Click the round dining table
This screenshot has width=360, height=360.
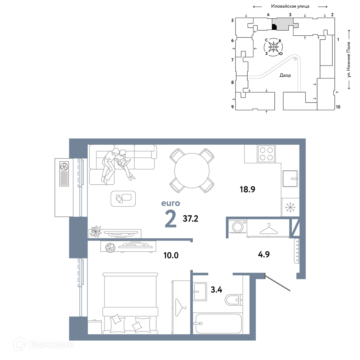pos(192,171)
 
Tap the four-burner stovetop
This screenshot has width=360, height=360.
pos(266,154)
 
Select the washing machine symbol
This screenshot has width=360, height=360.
pos(238,227)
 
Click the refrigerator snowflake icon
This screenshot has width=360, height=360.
pos(291,207)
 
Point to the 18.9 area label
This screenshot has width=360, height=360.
pos(248,189)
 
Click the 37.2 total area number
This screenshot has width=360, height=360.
pos(190,219)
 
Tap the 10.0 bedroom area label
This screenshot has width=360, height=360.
pos(171,255)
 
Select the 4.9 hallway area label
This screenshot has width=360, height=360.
pos(264,255)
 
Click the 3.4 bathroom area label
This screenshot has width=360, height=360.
pos(216,290)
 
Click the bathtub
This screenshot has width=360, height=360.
pos(217,324)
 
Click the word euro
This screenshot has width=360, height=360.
pos(171,203)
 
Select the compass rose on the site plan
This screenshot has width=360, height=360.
pos(274,47)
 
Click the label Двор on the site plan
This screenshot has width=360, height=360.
pos(285,75)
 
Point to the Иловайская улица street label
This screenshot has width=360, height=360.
pos(290,6)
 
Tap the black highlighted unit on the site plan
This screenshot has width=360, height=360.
pos(274,27)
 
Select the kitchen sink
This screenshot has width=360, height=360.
pos(290,179)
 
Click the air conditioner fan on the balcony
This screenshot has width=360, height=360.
pos(64,166)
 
